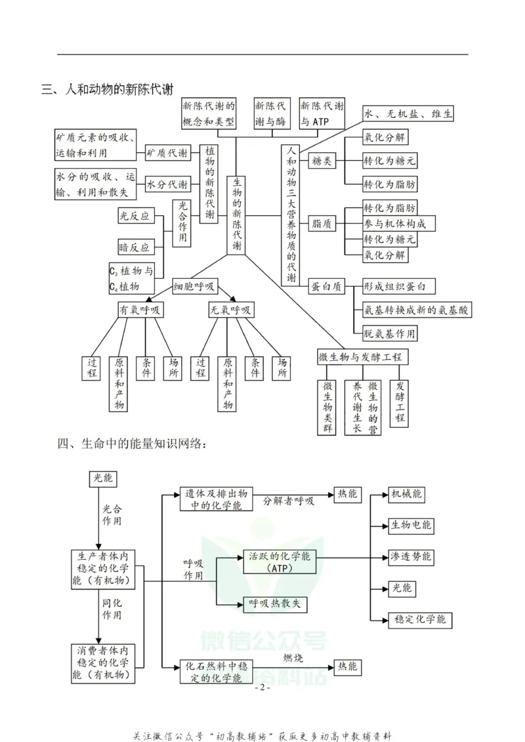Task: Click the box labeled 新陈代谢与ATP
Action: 322,114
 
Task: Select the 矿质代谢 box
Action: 167,153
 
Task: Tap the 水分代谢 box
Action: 167,184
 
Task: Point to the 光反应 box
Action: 134,216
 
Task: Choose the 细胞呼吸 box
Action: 194,287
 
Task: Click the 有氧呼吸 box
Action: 140,310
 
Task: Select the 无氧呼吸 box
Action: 231,310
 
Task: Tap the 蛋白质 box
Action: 325,286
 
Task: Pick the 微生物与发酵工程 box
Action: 360,357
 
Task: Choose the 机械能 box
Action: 407,494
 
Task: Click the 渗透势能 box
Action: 411,556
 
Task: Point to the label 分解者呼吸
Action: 289,501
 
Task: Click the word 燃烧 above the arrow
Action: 293,657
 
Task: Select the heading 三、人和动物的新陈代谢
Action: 112,89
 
